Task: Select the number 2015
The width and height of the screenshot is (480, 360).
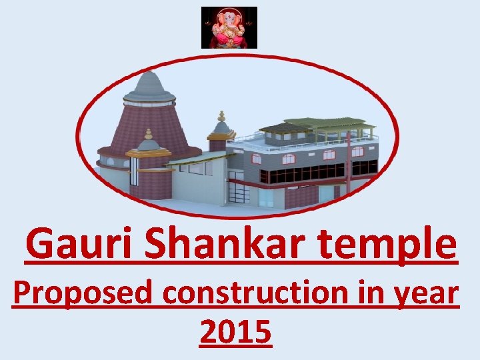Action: tap(235, 331)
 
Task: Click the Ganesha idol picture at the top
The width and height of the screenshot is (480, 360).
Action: tap(229, 27)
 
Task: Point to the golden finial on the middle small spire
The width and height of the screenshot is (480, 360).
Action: tap(221, 117)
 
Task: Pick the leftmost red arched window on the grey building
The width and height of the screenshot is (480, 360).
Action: tap(289, 159)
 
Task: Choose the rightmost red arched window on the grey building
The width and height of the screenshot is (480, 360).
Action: tap(358, 151)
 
